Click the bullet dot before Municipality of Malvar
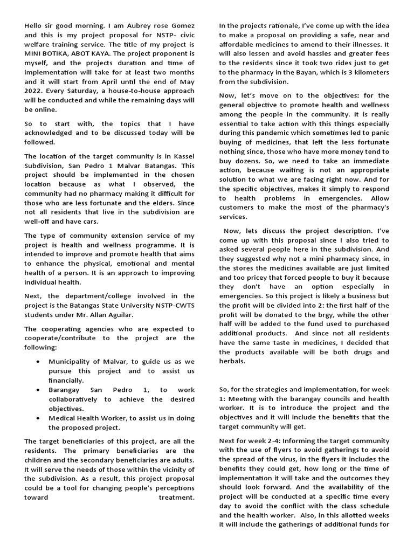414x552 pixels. coord(37,361)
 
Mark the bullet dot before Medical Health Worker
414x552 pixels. coord(37,418)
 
